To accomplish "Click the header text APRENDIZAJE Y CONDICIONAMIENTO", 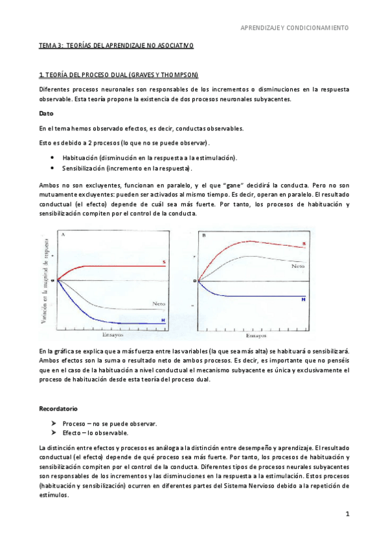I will pos(295,28).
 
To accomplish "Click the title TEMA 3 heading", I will pos(116,45).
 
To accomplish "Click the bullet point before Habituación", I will pos(51,158).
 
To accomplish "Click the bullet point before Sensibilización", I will pos(51,168).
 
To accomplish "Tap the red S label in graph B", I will pos(304,245).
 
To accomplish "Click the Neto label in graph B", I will pos(298,266).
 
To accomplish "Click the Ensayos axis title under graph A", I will pos(113,335).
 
